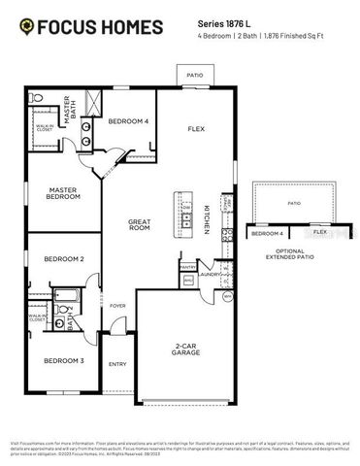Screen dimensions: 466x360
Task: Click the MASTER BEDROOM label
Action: click(62, 192)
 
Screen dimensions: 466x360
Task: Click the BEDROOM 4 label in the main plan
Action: click(127, 121)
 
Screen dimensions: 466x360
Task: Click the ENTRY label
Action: click(117, 364)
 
